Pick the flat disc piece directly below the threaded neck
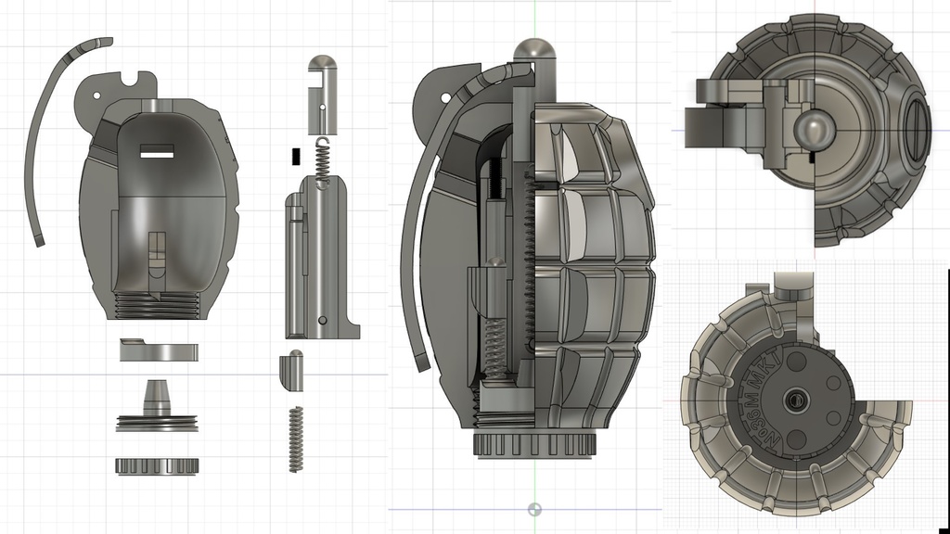[x=159, y=351]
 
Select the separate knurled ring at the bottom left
[x=157, y=465]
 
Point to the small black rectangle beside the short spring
[x=295, y=156]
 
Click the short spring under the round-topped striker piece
[x=322, y=161]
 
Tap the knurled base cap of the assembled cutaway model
[x=533, y=444]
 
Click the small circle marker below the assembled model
[x=533, y=509]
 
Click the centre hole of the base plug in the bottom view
[x=795, y=400]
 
